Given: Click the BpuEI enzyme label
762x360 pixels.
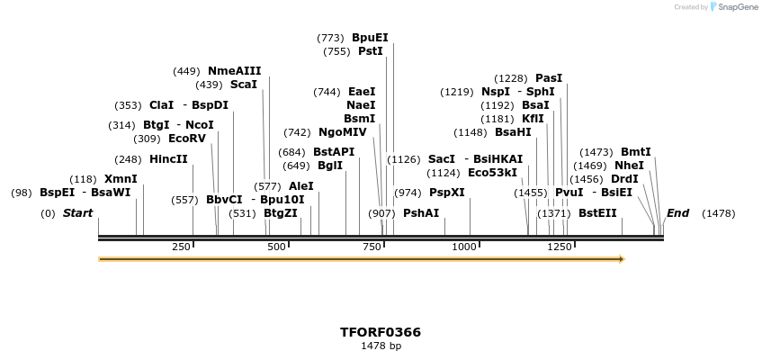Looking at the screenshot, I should click(370, 38).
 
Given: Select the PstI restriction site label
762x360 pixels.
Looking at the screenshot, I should click(370, 51).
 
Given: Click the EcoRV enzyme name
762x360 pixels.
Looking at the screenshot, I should click(187, 139).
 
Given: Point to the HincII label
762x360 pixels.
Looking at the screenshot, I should click(168, 159).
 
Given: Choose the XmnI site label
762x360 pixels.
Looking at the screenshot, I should click(121, 179).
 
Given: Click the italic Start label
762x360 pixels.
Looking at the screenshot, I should click(77, 213).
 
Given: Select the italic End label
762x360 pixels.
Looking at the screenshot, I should click(677, 213).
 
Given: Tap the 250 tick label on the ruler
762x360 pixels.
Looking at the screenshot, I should click(181, 247).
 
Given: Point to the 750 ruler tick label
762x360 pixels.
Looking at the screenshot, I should click(372, 247).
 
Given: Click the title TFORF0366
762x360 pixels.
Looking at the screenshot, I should click(381, 332).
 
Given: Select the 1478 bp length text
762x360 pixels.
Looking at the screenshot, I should click(381, 346).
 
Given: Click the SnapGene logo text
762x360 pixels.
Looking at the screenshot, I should click(738, 7).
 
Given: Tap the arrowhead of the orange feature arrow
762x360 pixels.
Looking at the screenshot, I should click(620, 259).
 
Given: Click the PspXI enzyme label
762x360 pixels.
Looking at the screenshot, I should click(446, 193).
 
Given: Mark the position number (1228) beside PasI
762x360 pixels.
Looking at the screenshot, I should click(511, 78).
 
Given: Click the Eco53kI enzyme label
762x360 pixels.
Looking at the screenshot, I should click(492, 173).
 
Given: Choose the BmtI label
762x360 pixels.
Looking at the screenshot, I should click(635, 152).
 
